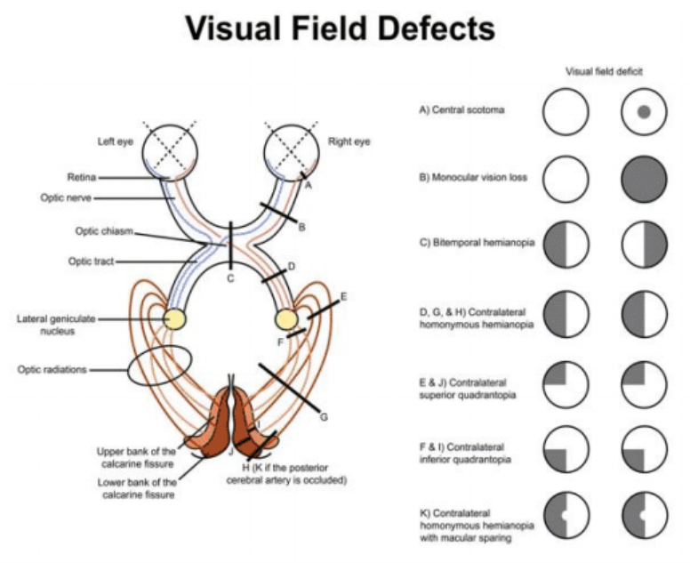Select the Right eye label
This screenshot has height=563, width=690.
(x=349, y=141)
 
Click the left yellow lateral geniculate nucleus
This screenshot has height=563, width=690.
(x=175, y=318)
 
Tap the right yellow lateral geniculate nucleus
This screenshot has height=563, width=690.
(x=288, y=318)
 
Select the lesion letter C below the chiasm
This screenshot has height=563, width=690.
(x=230, y=279)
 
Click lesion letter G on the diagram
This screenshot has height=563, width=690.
(x=325, y=416)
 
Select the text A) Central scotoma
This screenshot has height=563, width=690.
(x=462, y=111)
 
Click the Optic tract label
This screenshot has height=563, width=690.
(x=93, y=261)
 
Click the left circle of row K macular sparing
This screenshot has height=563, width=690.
(x=566, y=517)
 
